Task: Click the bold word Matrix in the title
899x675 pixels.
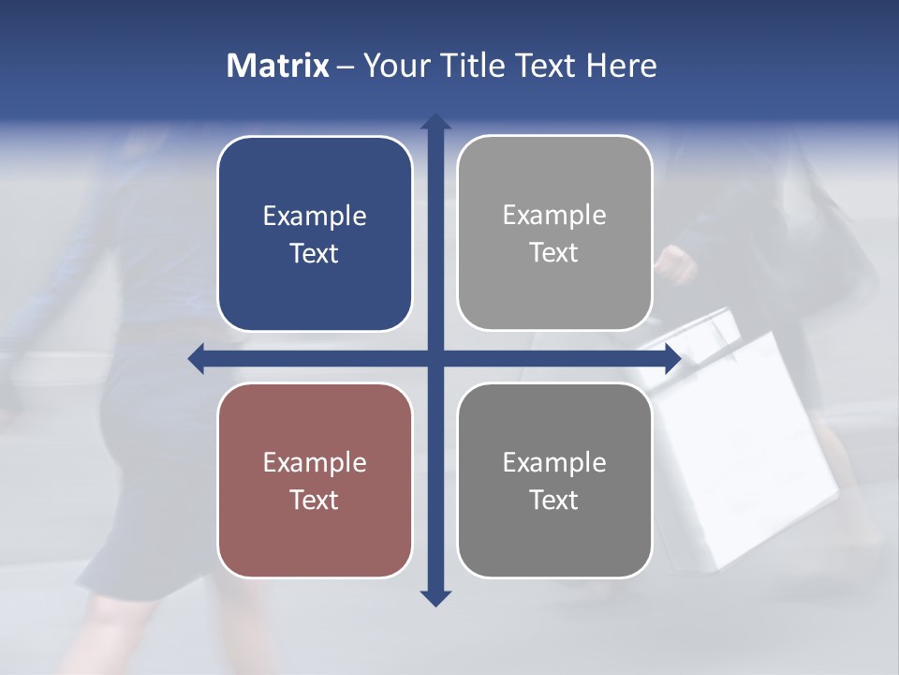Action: pos(278,66)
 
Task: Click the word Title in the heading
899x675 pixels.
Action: pos(475,66)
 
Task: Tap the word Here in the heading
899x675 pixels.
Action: pos(621,66)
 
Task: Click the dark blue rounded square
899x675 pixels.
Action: pos(315,233)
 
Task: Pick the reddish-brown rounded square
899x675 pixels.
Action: pos(315,480)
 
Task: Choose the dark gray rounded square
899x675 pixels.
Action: pos(554,480)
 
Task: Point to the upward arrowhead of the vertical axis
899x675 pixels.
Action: pos(435,122)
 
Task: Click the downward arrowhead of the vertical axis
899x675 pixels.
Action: pos(435,597)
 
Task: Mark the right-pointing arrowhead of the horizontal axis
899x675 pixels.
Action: pos(672,358)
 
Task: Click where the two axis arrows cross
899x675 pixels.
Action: pos(435,358)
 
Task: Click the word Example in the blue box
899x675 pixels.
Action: pos(315,217)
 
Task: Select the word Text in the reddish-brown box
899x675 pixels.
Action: pos(315,500)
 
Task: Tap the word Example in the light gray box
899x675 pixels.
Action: pos(554,216)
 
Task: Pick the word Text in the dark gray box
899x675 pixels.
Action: pos(554,500)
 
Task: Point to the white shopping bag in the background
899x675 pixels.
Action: pos(749,450)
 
